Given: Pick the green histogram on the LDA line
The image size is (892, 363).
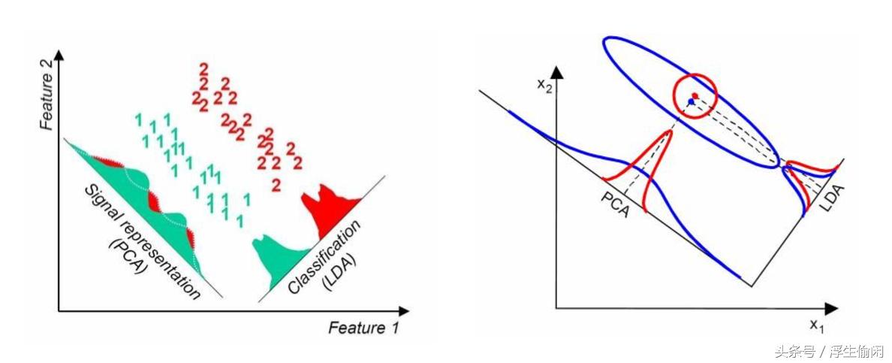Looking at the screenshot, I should coord(273,256).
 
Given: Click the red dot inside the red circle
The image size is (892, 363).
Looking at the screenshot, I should coord(695,95).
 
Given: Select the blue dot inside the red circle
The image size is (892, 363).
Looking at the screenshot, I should coord(690,101).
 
